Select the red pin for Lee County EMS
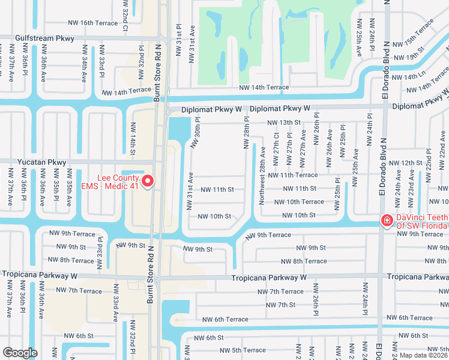pyautogui.click(x=148, y=180)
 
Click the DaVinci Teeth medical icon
pyautogui.click(x=387, y=221)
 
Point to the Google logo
pyautogui.click(x=20, y=353)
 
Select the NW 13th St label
pyautogui.click(x=283, y=122)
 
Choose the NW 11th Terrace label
pyautogui.click(x=293, y=175)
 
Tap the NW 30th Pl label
pyautogui.click(x=196, y=132)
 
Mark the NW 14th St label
pyautogui.click(x=133, y=139)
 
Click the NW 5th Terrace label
pyautogui.click(x=243, y=350)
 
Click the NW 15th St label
pyautogui.click(x=407, y=57)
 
